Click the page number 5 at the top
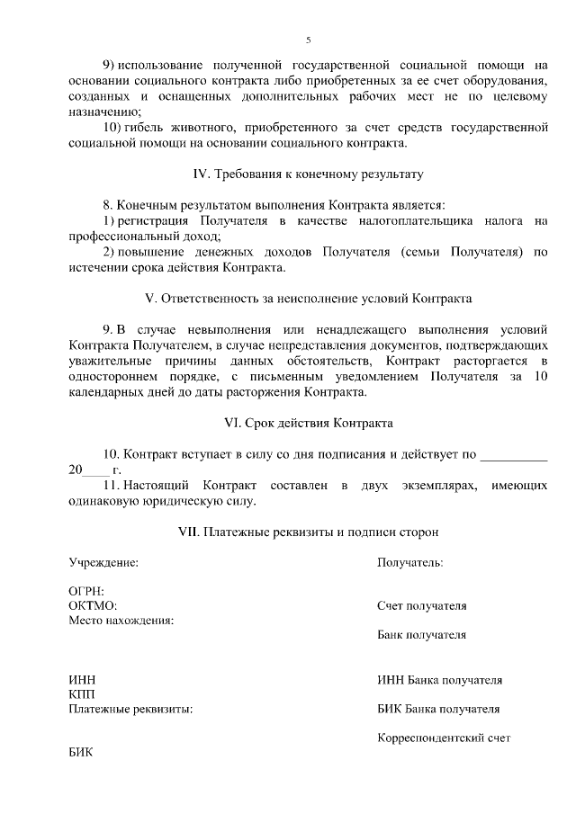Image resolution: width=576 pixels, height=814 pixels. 308,40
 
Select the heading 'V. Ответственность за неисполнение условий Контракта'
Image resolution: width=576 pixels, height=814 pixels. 308,298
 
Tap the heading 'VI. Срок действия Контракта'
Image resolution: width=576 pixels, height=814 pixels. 308,423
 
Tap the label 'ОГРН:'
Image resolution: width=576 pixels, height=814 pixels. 86,592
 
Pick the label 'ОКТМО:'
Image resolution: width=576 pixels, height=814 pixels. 93,605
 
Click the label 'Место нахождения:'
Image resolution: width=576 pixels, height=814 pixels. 121,620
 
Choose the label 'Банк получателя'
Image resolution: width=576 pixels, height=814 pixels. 421,634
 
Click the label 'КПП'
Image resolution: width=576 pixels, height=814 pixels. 82,694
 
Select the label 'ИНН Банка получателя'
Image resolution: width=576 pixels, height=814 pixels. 439,680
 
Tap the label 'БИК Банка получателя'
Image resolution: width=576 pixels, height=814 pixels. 438,709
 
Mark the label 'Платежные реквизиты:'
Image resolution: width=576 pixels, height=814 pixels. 130,709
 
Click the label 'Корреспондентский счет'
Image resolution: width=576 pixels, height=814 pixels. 444,738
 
